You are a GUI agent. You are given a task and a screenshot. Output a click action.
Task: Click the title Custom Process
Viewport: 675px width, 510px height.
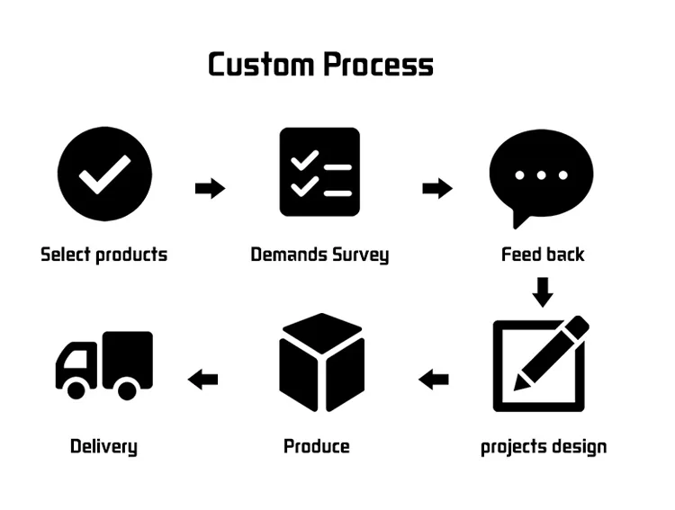coord(320,65)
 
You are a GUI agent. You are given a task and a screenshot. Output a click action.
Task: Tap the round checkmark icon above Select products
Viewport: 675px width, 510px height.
coord(104,174)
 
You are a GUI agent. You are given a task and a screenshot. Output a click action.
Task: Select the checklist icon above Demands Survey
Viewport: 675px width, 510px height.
coord(319,172)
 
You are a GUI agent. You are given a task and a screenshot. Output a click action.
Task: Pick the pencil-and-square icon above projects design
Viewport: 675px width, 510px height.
coord(541,363)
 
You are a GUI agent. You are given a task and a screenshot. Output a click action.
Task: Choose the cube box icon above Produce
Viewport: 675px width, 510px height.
coord(321,362)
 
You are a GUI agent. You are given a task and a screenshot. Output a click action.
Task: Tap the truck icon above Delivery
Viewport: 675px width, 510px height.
coord(104,364)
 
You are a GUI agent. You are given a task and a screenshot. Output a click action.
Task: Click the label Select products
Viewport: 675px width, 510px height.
coord(104,255)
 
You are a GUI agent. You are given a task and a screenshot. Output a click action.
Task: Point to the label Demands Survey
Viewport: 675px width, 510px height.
coord(319,255)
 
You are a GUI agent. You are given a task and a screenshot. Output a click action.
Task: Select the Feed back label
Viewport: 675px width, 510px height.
coord(543,255)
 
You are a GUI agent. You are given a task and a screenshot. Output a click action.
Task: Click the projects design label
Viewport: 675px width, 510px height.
coord(543,447)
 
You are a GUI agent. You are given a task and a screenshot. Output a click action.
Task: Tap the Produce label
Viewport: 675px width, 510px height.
coord(317,446)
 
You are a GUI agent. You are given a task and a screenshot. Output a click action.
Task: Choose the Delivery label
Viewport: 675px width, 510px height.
coord(103,446)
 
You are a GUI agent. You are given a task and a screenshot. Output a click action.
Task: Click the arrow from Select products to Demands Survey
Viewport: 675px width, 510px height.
coord(210,189)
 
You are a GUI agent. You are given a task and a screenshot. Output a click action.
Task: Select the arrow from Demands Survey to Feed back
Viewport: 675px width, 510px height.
coord(437,189)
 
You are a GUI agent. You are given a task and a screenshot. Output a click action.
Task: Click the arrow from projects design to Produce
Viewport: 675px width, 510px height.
coord(434,380)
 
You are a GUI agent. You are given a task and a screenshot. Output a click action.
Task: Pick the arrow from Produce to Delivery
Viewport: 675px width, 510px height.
coord(203,380)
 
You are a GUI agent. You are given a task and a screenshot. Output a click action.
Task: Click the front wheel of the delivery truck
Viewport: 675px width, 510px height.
coord(76,389)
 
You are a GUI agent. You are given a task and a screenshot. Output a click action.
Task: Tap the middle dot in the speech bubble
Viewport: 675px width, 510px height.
coord(542,175)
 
